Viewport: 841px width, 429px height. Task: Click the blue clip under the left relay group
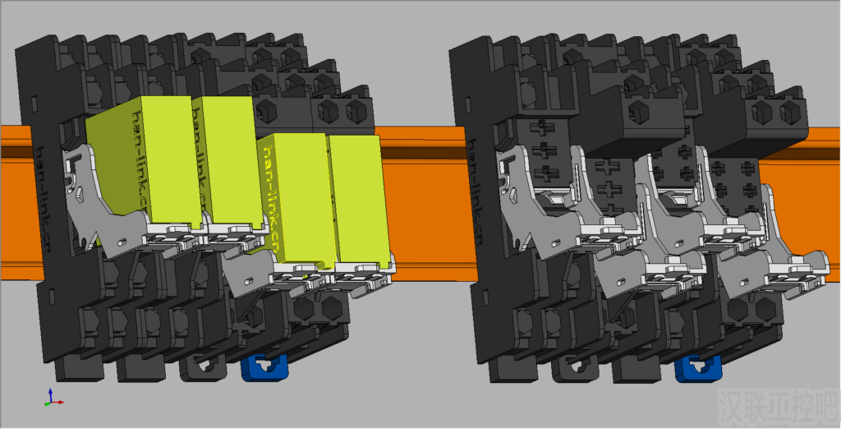[264, 367]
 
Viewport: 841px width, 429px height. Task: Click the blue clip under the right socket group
[697, 368]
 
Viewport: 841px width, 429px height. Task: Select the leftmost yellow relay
[136, 164]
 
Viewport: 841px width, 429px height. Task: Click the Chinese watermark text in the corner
[775, 404]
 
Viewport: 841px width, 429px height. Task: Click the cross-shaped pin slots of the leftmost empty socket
[542, 152]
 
